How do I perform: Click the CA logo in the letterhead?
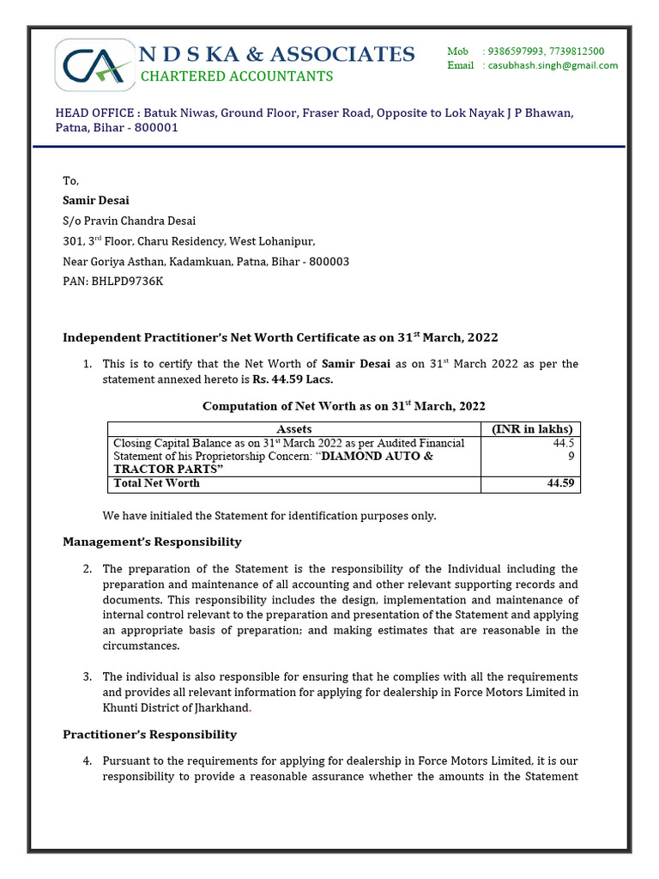95,65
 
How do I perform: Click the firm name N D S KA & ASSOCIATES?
277,54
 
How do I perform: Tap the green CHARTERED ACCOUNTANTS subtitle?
236,76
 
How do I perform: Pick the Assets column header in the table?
293,428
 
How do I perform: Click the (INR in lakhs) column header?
530,428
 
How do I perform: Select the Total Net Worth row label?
156,483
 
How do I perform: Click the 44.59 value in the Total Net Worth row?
560,483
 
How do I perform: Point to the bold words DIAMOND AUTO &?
378,456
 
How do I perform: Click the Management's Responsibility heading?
152,542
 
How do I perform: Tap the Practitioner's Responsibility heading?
149,734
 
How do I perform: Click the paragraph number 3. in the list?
87,676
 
